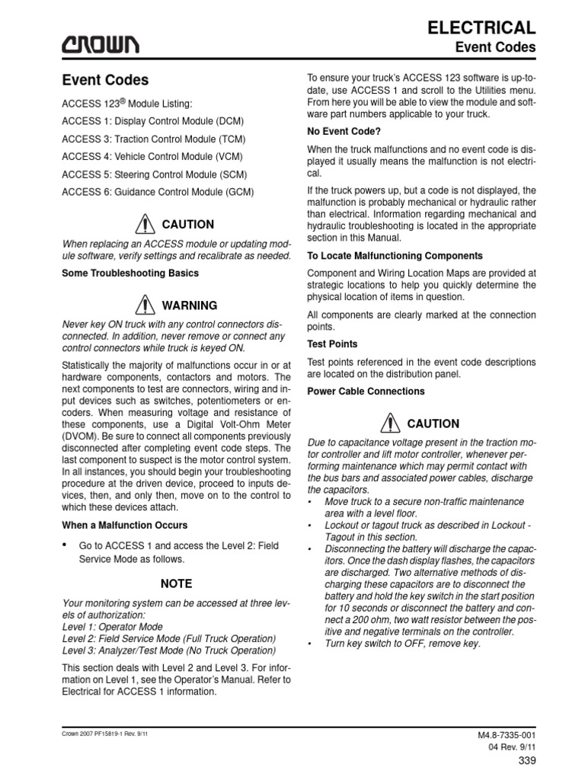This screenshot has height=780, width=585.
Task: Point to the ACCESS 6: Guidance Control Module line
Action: click(x=158, y=192)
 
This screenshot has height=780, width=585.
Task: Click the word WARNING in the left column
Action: click(x=189, y=305)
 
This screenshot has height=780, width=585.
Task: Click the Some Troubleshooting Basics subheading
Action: click(x=129, y=273)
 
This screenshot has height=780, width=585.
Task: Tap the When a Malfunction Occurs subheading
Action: click(x=123, y=526)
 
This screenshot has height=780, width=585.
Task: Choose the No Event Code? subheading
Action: click(x=345, y=132)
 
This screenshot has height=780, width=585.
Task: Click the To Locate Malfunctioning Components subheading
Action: click(x=394, y=255)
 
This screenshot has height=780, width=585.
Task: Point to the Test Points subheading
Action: click(x=331, y=344)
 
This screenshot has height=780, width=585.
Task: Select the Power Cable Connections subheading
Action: click(x=365, y=391)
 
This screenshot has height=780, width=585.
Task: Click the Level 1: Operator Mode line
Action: click(x=112, y=626)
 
